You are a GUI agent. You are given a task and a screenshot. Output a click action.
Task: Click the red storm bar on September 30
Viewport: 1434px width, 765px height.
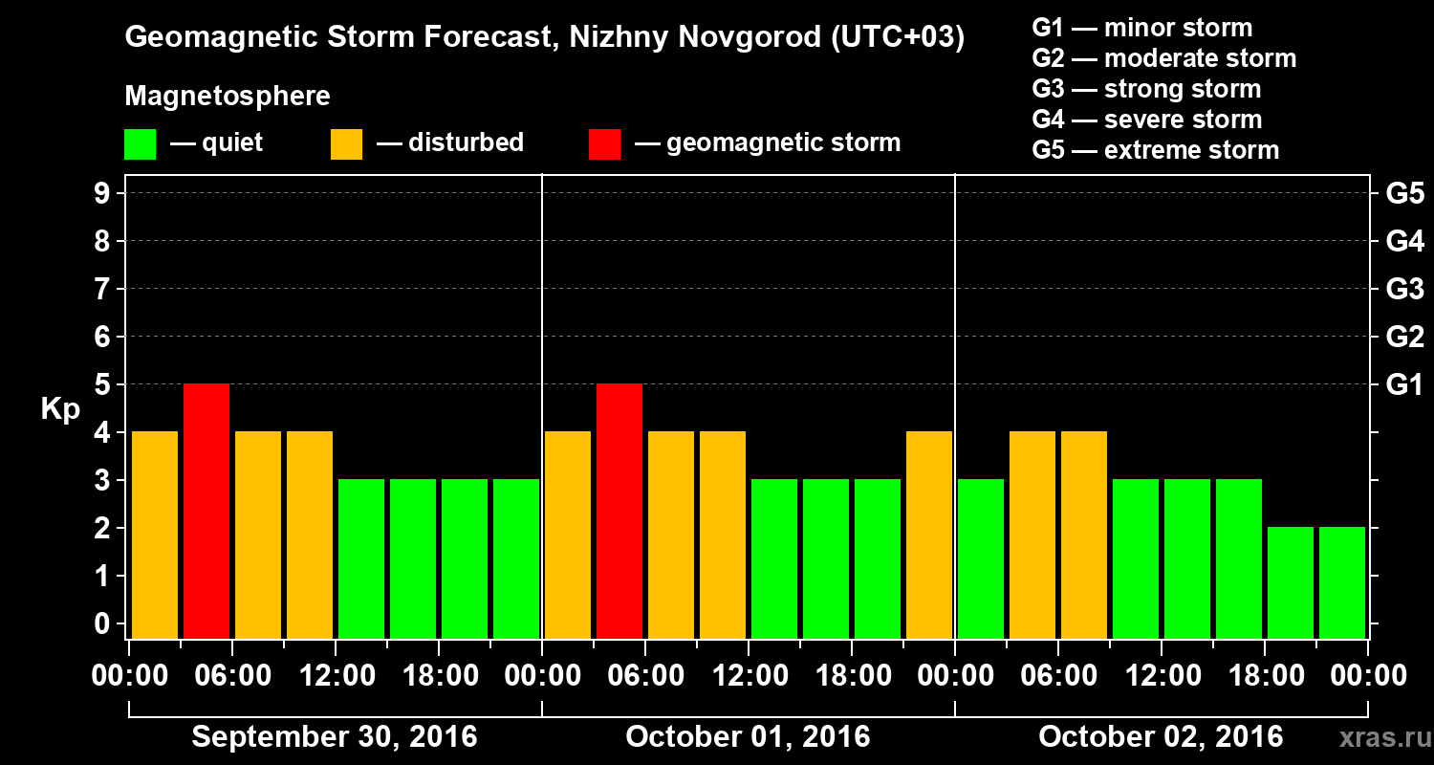(206, 511)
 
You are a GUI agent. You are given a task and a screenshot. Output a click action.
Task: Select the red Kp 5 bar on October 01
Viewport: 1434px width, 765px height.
(619, 511)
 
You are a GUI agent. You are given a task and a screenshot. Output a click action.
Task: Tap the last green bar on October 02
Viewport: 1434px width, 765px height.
(1342, 582)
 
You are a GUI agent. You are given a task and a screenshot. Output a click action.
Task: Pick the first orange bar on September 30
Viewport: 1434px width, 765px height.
(155, 535)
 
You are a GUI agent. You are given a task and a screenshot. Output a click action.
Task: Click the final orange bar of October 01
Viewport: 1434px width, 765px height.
(929, 535)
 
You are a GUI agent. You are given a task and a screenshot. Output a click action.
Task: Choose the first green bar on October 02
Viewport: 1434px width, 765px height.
(981, 558)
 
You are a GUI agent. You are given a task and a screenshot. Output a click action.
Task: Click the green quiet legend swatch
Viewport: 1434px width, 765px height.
(140, 143)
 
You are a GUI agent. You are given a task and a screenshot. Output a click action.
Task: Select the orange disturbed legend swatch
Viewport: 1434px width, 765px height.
(346, 143)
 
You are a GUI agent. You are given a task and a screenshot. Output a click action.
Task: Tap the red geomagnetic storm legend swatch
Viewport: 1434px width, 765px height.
(604, 143)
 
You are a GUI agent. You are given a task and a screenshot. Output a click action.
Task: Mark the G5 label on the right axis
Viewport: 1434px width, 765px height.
(1404, 194)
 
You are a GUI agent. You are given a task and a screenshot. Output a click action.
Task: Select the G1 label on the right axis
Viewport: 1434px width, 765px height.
(1404, 385)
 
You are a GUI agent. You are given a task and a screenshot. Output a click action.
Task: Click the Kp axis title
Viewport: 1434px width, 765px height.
(60, 409)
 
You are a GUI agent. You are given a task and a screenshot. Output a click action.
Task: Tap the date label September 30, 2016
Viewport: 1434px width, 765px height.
(335, 737)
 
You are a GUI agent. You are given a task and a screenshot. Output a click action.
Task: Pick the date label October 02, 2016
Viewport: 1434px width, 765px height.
(1161, 737)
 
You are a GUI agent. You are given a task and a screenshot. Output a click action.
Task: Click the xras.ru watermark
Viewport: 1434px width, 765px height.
(1378, 738)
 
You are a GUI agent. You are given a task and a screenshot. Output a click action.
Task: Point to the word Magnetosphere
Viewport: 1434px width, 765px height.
(228, 97)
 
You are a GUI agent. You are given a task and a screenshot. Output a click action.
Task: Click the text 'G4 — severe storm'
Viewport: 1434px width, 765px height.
(1147, 120)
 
